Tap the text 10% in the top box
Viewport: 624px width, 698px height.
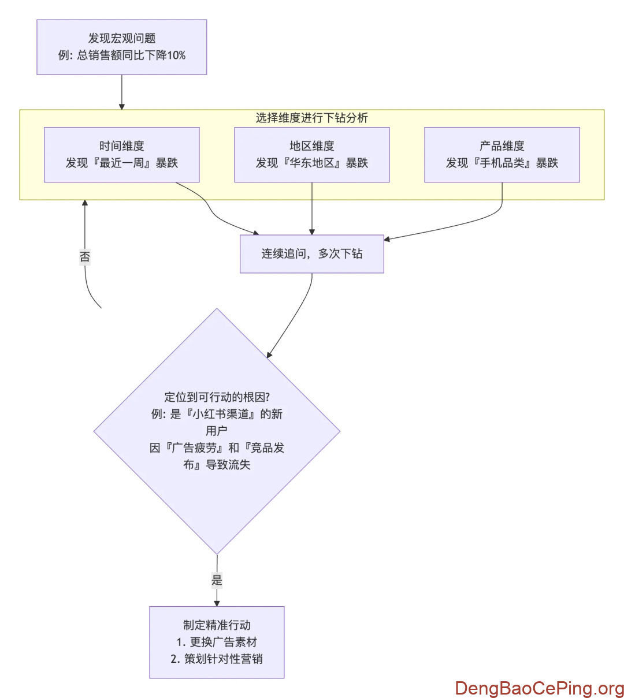pos(176,55)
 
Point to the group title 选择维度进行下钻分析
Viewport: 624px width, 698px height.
pos(311,118)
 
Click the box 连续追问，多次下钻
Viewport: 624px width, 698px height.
pos(311,253)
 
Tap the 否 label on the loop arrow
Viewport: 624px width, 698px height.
pos(85,256)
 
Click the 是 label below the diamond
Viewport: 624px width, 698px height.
pos(217,580)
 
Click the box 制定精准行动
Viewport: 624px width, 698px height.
pos(217,625)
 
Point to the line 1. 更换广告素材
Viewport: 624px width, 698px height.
pos(217,642)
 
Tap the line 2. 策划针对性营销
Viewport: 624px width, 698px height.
pos(217,659)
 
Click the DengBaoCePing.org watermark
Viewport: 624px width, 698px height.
pos(539,688)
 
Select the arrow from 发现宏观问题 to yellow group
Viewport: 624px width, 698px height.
pos(121,92)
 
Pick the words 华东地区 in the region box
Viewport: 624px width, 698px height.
pos(312,163)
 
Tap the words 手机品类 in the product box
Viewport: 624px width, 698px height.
pos(502,163)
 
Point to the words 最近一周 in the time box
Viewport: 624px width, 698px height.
pos(122,163)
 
